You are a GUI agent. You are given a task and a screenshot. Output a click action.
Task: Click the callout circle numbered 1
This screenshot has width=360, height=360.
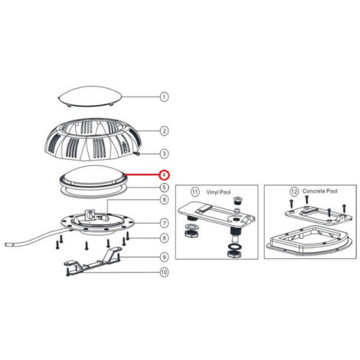coord(165,97)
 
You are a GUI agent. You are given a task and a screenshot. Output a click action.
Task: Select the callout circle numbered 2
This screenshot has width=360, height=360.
coord(165,131)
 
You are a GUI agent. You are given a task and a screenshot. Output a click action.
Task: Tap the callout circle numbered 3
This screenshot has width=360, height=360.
coord(165,153)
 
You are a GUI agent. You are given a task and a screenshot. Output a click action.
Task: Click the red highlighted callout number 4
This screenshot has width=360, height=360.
coord(164,175)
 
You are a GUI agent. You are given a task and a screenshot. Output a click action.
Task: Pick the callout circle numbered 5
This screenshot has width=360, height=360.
coord(165,188)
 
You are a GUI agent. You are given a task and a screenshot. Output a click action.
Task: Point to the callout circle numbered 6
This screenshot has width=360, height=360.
coord(165,199)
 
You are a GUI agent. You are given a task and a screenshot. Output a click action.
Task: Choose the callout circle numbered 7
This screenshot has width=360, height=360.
coord(165,223)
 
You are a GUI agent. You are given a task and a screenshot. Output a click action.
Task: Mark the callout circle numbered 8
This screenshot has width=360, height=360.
coord(165,238)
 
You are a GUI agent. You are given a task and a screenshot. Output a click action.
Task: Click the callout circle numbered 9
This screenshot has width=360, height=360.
coord(165,257)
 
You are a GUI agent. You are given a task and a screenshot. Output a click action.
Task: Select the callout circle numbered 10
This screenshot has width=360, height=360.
coord(165,272)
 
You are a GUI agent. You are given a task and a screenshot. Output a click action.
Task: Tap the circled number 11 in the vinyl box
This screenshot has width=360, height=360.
coord(195,191)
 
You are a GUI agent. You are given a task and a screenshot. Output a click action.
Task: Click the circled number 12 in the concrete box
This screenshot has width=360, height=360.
coord(294,191)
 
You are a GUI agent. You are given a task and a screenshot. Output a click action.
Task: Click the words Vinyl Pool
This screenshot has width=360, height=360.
coord(218,192)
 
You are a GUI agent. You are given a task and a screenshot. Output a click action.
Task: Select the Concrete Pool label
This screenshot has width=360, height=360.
coord(320,191)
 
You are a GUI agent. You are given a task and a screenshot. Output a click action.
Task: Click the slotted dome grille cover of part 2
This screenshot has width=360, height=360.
coord(93,139)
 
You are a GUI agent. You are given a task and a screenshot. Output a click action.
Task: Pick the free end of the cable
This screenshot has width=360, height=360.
coord(6,244)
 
